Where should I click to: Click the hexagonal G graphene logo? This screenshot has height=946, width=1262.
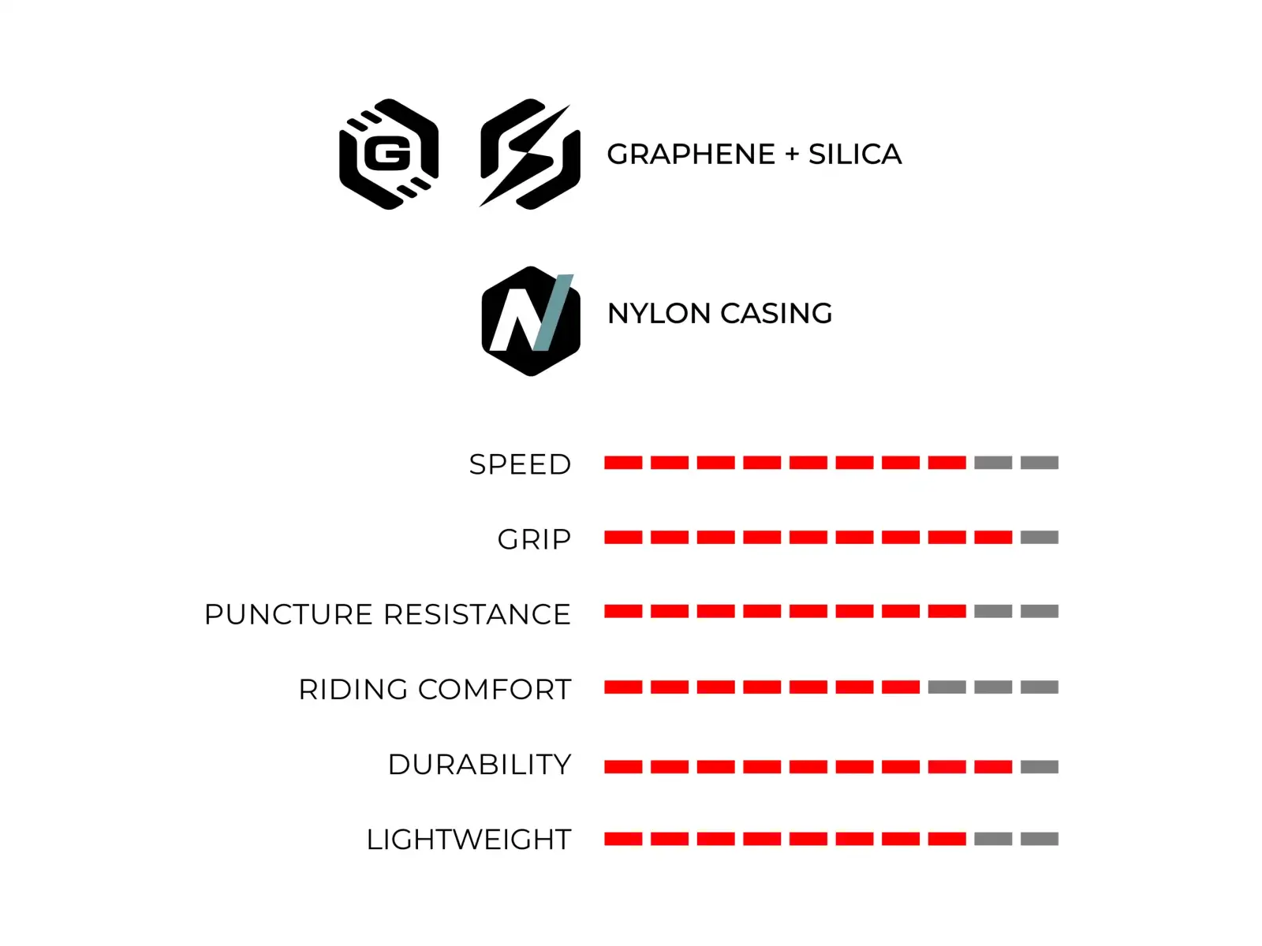(389, 154)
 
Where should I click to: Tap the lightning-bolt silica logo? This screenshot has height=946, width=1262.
(529, 154)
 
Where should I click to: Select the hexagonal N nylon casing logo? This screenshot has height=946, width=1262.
(531, 321)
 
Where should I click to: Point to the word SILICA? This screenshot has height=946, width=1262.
(855, 155)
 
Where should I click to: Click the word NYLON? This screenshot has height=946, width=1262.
(659, 314)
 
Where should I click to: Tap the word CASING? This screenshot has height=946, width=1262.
(776, 314)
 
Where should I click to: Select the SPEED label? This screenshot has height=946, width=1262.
(520, 464)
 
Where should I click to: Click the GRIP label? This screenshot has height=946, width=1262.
(534, 539)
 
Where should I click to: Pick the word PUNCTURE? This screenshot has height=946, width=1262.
(289, 614)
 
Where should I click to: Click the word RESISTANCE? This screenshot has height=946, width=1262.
(477, 614)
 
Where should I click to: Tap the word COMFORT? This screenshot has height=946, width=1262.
(495, 689)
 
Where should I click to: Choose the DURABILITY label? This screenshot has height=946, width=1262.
(480, 765)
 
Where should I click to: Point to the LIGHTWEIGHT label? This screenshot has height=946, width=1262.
(469, 839)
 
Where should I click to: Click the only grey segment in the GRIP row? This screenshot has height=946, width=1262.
(1040, 538)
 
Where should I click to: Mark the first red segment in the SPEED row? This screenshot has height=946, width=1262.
(623, 463)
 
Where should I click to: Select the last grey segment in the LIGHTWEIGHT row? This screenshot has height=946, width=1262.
(1040, 839)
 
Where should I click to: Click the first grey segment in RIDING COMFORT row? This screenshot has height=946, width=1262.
(947, 687)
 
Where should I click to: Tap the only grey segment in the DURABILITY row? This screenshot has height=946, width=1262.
(1040, 767)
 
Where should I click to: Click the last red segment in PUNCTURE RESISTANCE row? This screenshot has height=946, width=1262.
(947, 611)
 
